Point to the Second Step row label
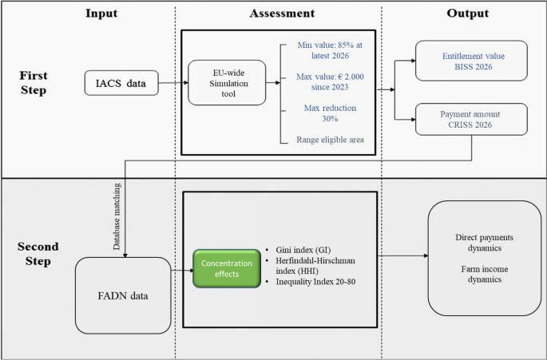pos(33,254)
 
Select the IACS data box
pos(121,81)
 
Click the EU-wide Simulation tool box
pos(227,81)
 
